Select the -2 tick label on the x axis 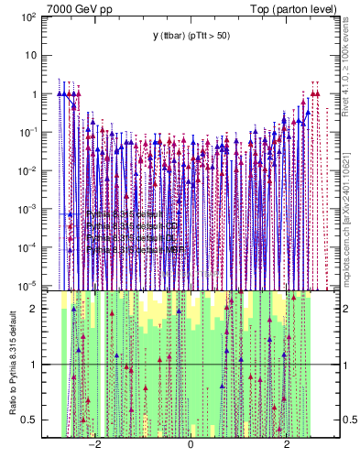[x=93, y=445]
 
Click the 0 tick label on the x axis [x=191, y=445]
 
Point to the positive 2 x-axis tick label [x=286, y=445]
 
